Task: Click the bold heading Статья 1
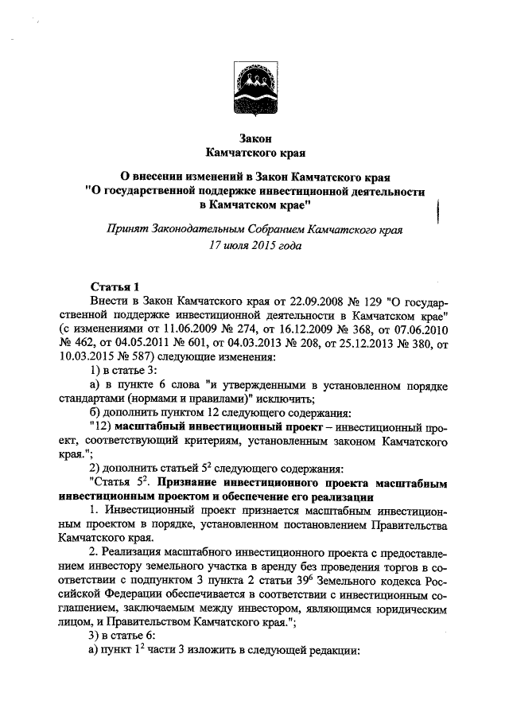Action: click(x=115, y=286)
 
